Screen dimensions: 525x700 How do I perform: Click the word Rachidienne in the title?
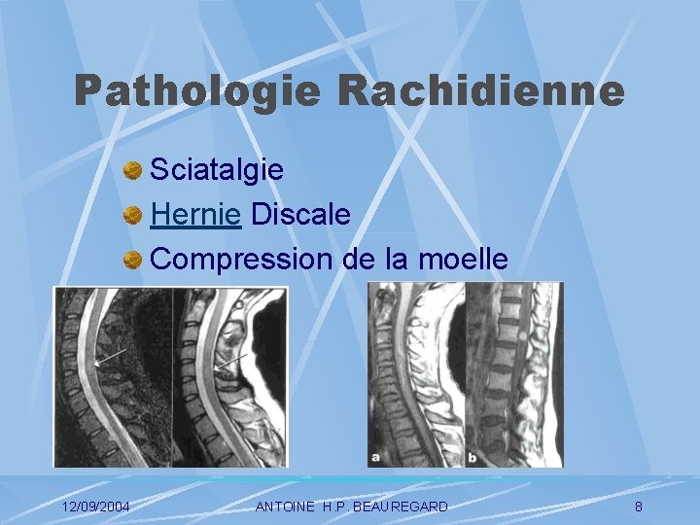481,91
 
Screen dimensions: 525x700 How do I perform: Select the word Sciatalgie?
218,170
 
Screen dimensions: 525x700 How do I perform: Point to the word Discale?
300,215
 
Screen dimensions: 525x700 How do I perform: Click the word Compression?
243,260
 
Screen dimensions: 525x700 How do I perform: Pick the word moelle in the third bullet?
463,260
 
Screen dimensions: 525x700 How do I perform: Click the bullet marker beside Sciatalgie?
134,172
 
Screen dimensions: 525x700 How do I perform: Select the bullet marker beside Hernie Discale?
134,217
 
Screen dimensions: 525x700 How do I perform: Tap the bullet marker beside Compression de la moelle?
134,262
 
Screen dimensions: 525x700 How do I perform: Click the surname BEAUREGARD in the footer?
402,507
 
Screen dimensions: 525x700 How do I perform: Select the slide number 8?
638,507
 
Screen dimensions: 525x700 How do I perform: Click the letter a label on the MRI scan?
376,455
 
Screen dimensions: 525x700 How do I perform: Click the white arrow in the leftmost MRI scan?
111,359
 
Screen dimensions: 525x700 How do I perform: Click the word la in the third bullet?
400,260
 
